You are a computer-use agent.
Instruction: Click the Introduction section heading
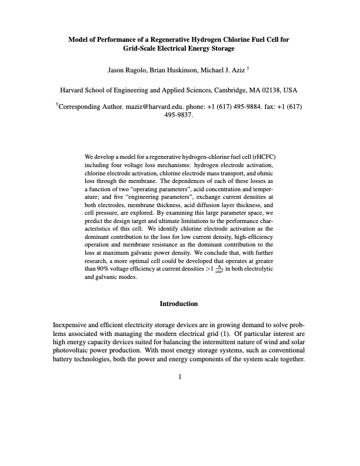point(180,304)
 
